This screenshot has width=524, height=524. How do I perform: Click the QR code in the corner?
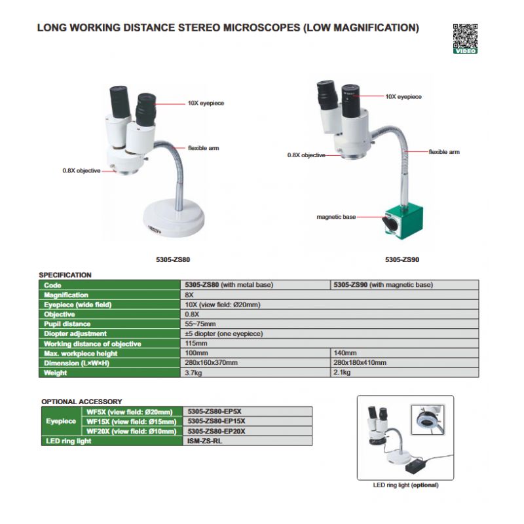tap(465, 36)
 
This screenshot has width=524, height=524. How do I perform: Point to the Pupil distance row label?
tap(67, 324)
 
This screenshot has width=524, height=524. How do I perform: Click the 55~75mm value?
tap(199, 324)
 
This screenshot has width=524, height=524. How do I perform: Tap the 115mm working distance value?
tap(196, 343)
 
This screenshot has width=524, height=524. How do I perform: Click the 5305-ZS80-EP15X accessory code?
tap(216, 421)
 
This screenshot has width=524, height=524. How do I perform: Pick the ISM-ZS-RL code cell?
tap(206, 441)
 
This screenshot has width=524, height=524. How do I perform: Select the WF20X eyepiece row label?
tap(131, 431)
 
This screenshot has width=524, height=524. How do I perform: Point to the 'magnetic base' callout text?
tap(336, 217)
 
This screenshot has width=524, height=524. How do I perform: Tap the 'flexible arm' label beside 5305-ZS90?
tap(444, 152)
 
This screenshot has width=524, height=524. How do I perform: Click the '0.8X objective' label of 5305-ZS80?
tap(81, 171)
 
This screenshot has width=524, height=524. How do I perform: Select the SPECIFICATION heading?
tap(65, 275)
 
